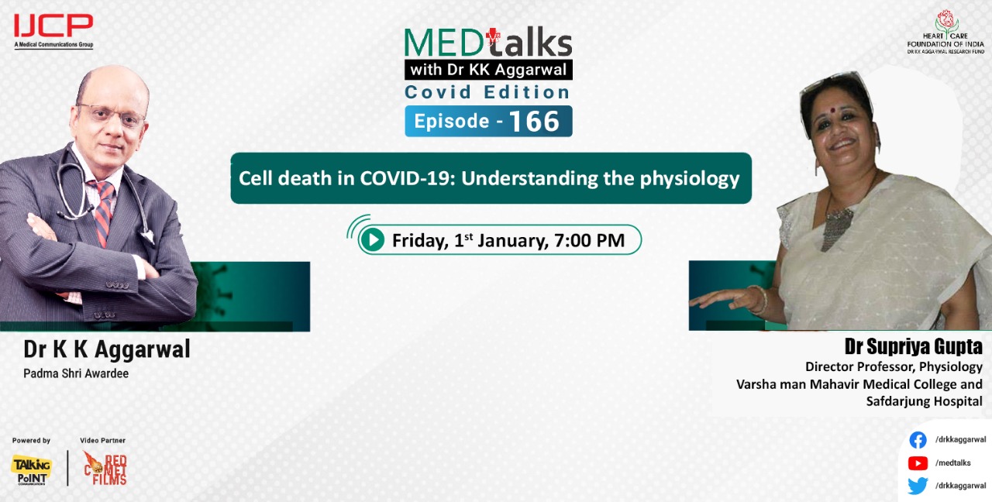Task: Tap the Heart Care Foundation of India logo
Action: coord(945,31)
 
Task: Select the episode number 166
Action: coord(535,122)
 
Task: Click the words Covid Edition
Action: coord(487,92)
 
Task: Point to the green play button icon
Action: coord(373,240)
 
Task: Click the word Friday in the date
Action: coord(419,240)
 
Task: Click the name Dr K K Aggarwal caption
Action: coord(107,349)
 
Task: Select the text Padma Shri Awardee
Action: coord(76,373)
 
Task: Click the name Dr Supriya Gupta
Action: coord(914,346)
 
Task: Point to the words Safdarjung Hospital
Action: coord(924,401)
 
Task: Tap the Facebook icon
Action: coord(918,440)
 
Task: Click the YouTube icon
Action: coord(918,463)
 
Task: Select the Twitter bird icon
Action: coord(918,486)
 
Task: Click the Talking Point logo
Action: coord(32,469)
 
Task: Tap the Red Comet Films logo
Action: coord(105,469)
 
